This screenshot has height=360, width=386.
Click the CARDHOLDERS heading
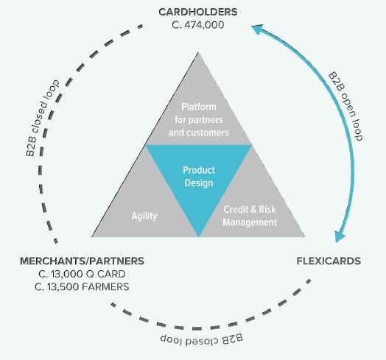click(x=198, y=12)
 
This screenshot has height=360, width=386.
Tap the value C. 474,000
click(x=198, y=25)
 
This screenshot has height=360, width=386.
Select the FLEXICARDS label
click(x=329, y=261)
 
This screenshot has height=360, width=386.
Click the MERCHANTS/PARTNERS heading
click(x=82, y=261)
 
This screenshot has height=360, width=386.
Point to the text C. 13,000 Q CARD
click(x=82, y=274)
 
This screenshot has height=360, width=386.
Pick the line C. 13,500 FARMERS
click(x=82, y=287)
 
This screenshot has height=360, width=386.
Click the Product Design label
click(x=199, y=177)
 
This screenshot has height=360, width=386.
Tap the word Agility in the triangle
click(x=144, y=216)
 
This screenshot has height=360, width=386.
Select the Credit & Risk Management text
click(x=250, y=216)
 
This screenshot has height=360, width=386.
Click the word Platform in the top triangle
click(x=199, y=107)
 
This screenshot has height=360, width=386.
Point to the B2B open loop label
click(x=345, y=106)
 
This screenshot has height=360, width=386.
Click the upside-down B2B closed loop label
click(x=201, y=339)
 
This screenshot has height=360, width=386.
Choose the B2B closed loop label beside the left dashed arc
click(x=42, y=118)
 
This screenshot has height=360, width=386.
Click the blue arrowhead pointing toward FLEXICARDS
click(x=340, y=237)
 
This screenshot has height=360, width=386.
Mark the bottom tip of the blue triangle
click(x=199, y=237)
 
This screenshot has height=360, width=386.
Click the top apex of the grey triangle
click(x=198, y=53)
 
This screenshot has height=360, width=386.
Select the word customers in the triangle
click(x=208, y=133)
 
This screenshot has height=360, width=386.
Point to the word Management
click(x=250, y=222)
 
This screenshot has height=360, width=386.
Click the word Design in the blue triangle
click(x=199, y=183)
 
